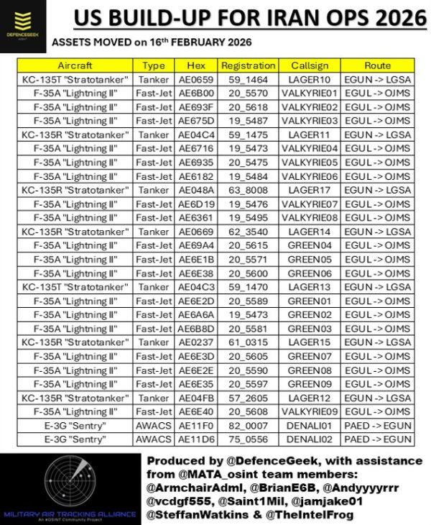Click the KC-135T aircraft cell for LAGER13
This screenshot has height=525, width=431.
75,286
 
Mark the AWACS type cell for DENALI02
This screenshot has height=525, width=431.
154,438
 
